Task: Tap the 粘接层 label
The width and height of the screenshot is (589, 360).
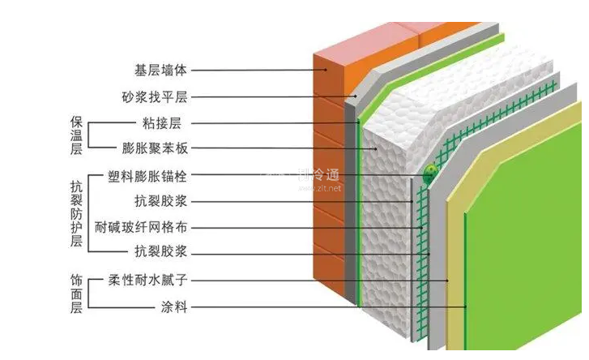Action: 160,123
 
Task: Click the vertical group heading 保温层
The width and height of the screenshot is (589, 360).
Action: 76,135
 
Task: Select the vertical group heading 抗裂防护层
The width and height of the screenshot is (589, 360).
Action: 76,212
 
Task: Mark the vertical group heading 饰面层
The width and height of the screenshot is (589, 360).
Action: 76,293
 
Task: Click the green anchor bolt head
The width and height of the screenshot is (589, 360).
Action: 429,172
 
